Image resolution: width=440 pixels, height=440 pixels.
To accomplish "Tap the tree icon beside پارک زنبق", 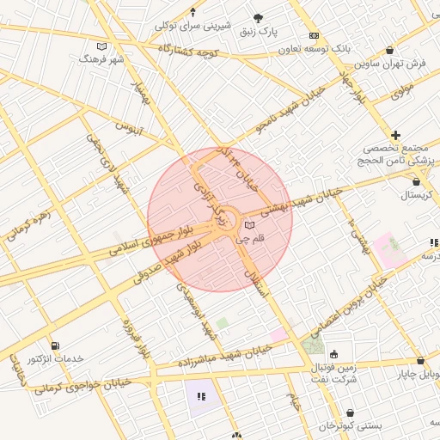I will [x=259, y=18].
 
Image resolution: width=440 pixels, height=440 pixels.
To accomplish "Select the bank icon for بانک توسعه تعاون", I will [x=314, y=35].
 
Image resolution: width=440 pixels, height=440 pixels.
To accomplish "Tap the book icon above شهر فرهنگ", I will [x=102, y=46].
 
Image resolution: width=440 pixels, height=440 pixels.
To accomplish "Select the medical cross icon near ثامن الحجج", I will [x=395, y=135].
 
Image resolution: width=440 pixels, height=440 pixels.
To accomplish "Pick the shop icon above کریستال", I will [x=417, y=181].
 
